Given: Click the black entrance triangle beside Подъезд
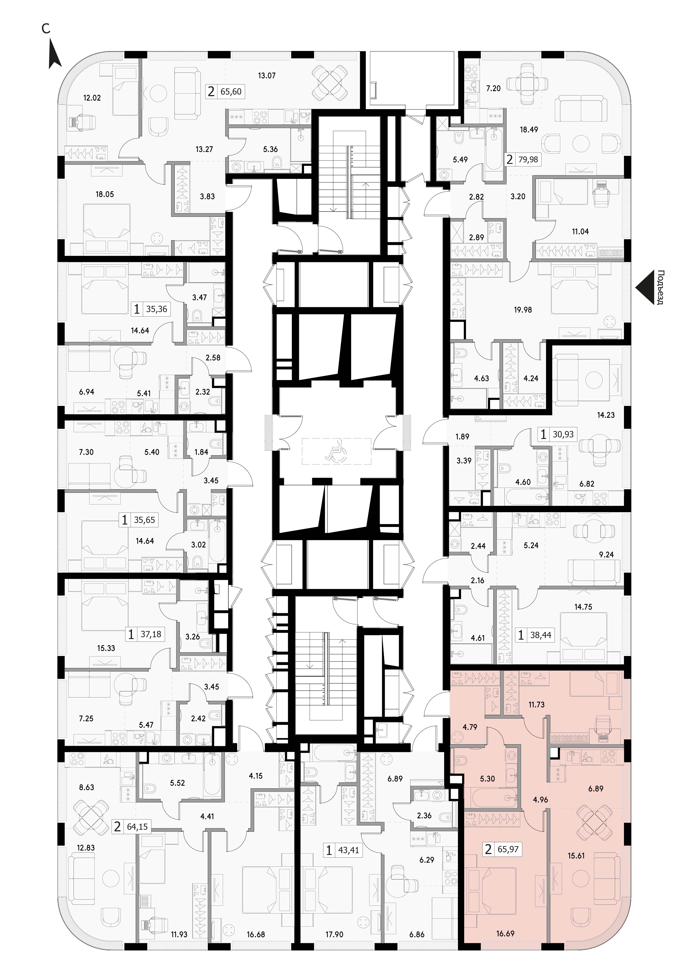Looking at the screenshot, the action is pos(645,287).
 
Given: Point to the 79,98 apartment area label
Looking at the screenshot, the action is pos(529,160).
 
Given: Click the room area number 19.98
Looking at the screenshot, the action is pos(523,309).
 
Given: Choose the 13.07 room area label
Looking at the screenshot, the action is pos(267,76).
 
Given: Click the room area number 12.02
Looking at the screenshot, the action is pos(92,98).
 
